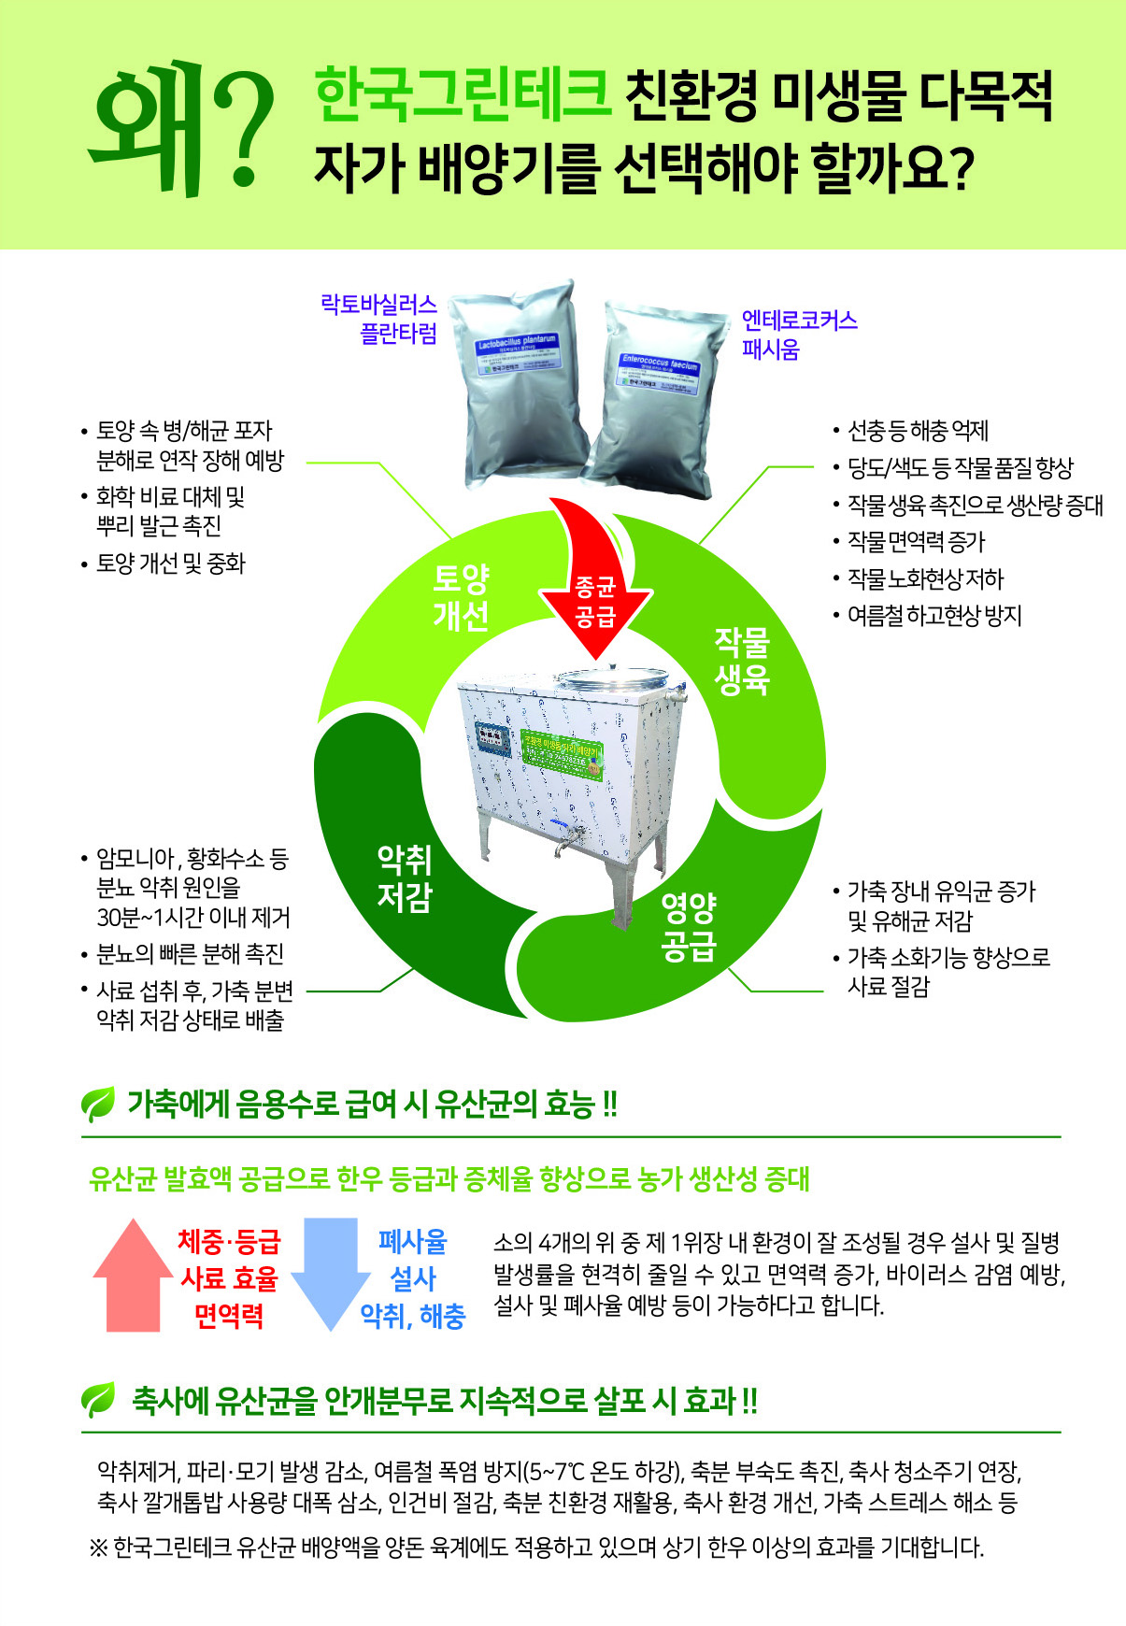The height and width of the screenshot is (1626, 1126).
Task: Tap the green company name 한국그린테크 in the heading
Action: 463,95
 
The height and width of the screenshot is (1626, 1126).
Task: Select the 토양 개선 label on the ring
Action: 461,597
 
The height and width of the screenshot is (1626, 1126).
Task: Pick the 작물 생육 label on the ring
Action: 742,661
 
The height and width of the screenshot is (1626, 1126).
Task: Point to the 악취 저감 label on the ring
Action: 405,877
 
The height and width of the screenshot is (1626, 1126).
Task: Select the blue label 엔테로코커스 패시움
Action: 799,335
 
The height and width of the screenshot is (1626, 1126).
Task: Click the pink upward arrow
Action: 134,1275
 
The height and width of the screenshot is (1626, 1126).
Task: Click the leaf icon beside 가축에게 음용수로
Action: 98,1105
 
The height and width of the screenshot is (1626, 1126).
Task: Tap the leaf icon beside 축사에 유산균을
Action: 98,1399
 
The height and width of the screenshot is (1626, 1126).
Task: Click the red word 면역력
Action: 229,1316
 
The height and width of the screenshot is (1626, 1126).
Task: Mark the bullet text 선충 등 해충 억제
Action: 917,431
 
